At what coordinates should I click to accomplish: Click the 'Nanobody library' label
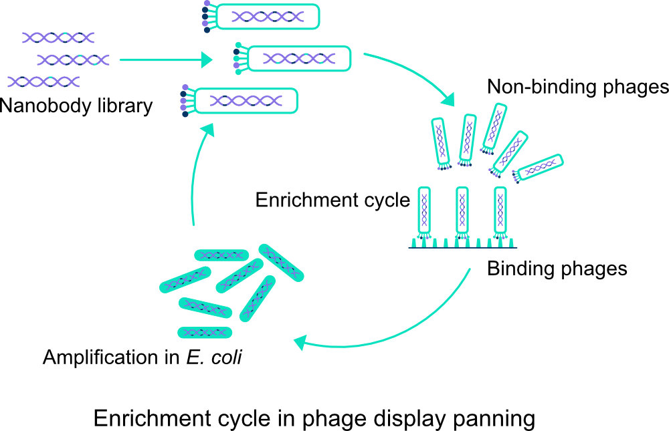[x=76, y=106]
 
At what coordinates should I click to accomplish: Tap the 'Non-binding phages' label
[x=577, y=87]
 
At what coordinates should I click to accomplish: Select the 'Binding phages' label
[x=557, y=269]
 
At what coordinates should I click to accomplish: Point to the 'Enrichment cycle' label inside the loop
[x=332, y=200]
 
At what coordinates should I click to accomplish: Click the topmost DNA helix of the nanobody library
[x=58, y=37]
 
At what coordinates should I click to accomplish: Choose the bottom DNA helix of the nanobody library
[x=44, y=82]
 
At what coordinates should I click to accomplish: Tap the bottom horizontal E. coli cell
[x=205, y=332]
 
